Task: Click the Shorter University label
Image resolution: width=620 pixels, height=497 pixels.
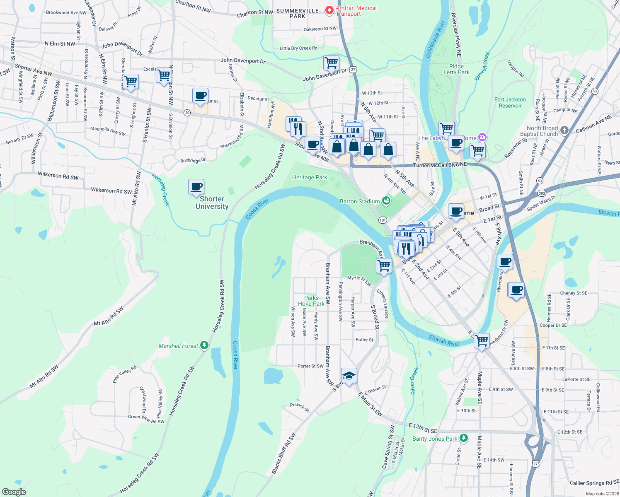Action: pos(212,203)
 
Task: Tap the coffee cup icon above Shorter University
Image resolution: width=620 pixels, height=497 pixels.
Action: pos(196,186)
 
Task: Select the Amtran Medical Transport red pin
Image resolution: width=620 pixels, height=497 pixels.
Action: pos(329,10)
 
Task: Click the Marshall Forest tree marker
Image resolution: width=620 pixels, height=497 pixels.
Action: pos(204,345)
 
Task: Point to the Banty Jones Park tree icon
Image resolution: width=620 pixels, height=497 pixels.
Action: pos(464,438)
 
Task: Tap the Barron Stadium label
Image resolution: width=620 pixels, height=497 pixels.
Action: pos(360,201)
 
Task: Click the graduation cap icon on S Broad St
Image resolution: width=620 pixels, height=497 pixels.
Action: pos(349,376)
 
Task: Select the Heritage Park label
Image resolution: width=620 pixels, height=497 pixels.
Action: pos(310,177)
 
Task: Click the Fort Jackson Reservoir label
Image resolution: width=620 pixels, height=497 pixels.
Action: pos(510,103)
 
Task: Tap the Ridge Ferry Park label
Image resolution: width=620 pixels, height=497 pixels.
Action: pos(456,69)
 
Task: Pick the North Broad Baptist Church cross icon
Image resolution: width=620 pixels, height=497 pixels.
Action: pos(564,130)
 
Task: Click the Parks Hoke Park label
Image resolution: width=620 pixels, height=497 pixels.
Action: pos(311,301)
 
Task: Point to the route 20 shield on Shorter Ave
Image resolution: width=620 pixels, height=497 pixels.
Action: pos(187,113)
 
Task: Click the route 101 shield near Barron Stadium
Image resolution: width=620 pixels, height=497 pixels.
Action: pos(383,220)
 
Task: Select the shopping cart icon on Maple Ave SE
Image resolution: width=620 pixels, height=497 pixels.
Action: pos(482,341)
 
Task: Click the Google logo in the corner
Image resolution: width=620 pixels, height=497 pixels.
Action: pos(14,492)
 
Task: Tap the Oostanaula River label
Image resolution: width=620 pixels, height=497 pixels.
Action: pos(435,40)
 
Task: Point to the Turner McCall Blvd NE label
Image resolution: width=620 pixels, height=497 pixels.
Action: pos(440,165)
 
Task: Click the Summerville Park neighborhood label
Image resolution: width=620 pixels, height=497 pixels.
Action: pos(298,13)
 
